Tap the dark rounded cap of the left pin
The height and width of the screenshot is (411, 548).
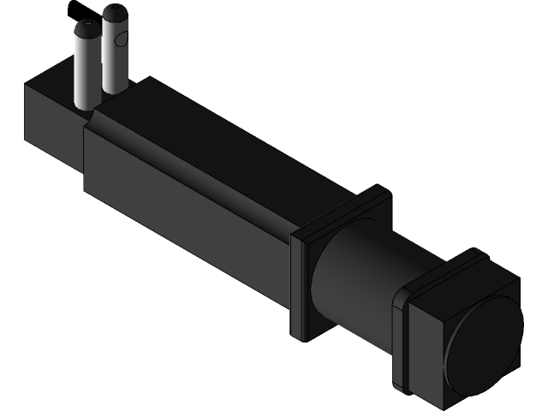click(86, 31)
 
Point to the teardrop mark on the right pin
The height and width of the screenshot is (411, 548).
click(123, 39)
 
